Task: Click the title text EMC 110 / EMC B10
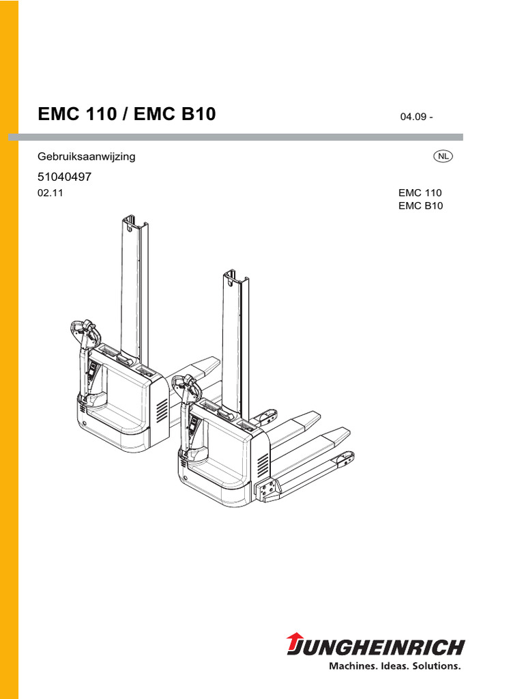click(x=126, y=114)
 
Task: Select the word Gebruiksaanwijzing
click(x=86, y=156)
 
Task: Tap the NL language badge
click(x=443, y=156)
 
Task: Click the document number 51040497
click(x=64, y=176)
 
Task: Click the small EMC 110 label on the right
click(x=420, y=192)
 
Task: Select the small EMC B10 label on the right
click(x=420, y=205)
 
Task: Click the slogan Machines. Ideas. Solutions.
click(x=396, y=665)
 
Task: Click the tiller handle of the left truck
click(x=85, y=330)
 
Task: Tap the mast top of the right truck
click(x=234, y=278)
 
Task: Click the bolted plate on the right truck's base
click(x=267, y=489)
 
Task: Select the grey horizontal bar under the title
click(x=235, y=137)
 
